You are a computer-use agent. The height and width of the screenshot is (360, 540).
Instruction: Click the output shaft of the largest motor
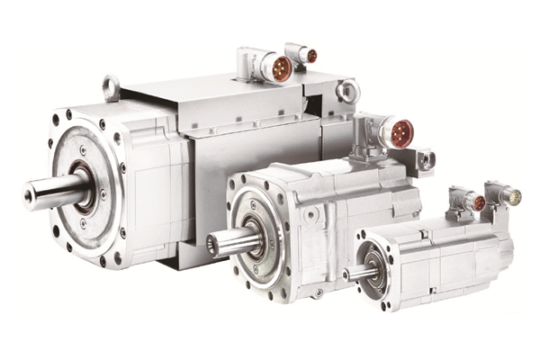54,191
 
